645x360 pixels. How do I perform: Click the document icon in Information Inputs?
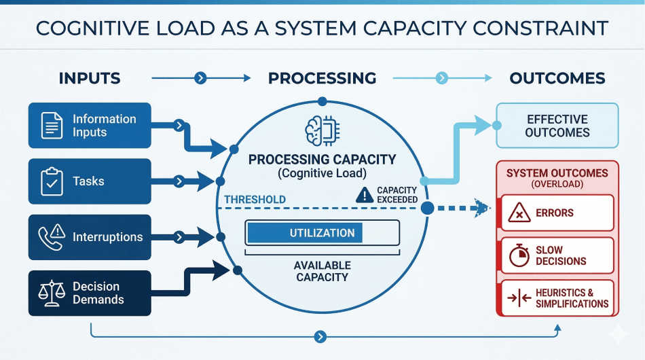[x=52, y=126]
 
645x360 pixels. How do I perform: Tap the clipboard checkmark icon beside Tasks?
[x=52, y=181]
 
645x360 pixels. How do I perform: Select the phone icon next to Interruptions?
[x=52, y=236]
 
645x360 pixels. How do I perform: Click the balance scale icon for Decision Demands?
[x=52, y=293]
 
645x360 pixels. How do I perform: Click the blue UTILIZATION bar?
[x=305, y=233]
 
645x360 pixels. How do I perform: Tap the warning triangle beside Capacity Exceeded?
[x=364, y=196]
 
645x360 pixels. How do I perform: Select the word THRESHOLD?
[x=255, y=200]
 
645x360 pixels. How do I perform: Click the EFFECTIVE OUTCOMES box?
[x=557, y=126]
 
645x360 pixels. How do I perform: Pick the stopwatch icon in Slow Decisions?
[x=519, y=255]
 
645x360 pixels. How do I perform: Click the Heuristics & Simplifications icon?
[x=519, y=298]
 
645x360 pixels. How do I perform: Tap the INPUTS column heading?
[x=90, y=78]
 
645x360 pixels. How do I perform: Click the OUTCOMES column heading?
[x=557, y=78]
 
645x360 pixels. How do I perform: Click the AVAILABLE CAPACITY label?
[x=322, y=271]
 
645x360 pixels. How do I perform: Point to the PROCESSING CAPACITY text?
[x=322, y=160]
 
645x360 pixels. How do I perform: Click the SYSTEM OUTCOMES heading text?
[x=557, y=173]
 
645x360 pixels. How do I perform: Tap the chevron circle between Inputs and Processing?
[x=200, y=78]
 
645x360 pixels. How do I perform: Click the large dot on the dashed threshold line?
[x=427, y=208]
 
